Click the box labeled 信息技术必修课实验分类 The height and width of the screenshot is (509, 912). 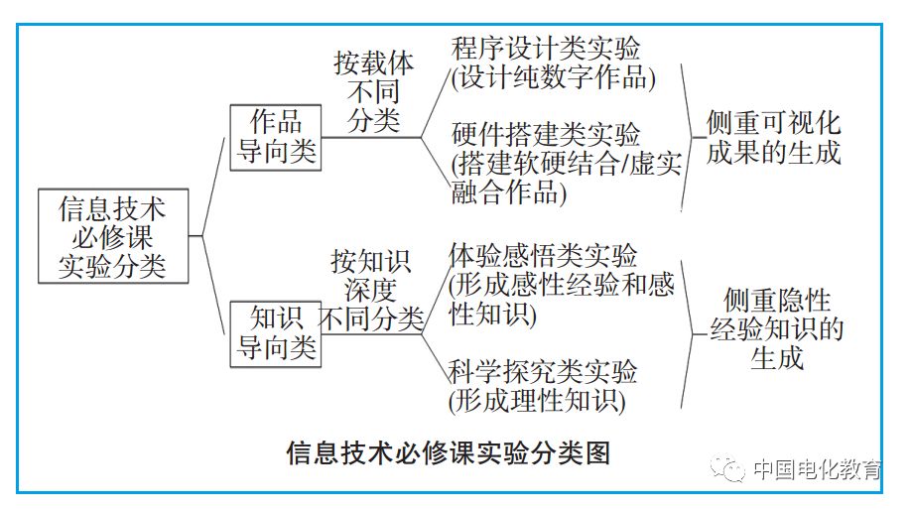(x=111, y=236)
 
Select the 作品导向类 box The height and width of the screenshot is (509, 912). (x=276, y=136)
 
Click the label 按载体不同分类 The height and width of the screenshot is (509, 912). (x=374, y=92)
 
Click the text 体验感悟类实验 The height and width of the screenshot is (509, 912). (x=544, y=255)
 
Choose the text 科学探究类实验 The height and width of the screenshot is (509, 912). (x=543, y=373)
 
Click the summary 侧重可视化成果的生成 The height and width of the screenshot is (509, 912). (x=773, y=138)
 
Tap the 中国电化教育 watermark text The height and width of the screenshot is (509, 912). (x=816, y=469)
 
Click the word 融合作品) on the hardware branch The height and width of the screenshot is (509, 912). (x=504, y=192)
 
